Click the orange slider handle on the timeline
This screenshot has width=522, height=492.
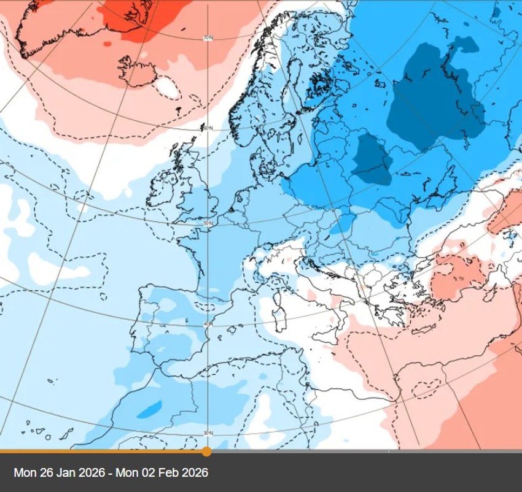tap(207, 452)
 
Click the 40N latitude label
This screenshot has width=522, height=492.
tap(208, 323)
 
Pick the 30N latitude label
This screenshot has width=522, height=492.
tap(208, 433)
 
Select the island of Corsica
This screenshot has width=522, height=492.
tap(277, 297)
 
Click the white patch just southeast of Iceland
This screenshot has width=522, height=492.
tap(168, 88)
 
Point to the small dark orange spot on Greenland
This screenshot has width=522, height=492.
tap(108, 44)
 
